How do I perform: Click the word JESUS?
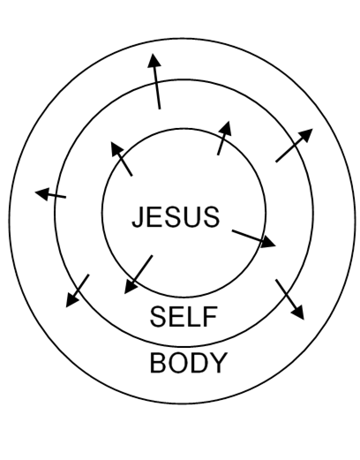tap(176, 217)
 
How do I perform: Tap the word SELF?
tap(184, 316)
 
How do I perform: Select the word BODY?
tap(189, 363)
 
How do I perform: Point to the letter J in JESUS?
tap(139, 217)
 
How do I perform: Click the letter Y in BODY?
tap(218, 363)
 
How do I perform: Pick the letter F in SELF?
tap(211, 316)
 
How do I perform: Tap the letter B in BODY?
tap(158, 363)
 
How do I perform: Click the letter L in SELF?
tap(195, 316)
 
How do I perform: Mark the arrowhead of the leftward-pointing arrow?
tap(41, 193)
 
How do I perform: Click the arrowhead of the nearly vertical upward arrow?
tap(154, 60)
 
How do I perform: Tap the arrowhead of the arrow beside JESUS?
tap(268, 242)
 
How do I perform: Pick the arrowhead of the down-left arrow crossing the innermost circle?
tap(130, 286)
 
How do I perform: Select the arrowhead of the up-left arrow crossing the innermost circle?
tap(116, 148)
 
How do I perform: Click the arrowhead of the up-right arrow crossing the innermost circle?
tap(226, 128)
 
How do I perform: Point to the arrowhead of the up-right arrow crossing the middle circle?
tap(306, 135)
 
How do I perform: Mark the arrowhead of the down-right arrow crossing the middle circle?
tap(298, 313)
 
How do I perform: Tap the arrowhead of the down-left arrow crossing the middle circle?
tap(71, 300)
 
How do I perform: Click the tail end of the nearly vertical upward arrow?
tap(160, 109)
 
